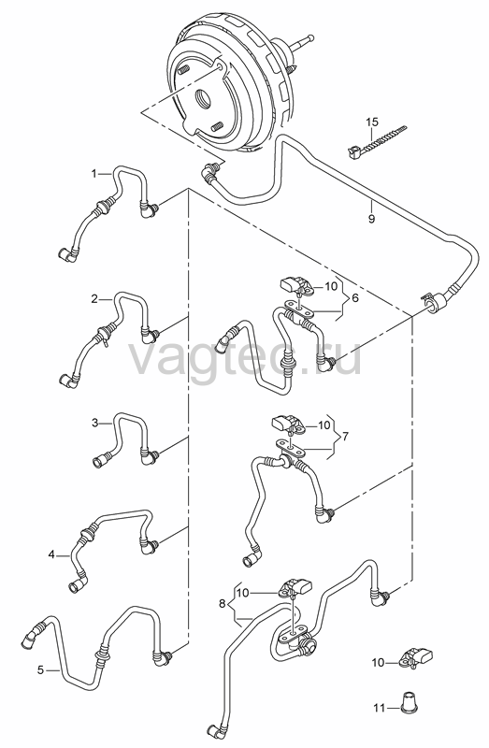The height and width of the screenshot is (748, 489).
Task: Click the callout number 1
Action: pyautogui.click(x=94, y=174)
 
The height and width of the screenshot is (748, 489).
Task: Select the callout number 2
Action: pyautogui.click(x=94, y=299)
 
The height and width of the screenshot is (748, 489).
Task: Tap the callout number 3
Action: pyautogui.click(x=95, y=423)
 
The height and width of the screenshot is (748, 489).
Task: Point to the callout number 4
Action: pyautogui.click(x=51, y=554)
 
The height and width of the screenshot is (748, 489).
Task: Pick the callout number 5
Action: pyautogui.click(x=40, y=670)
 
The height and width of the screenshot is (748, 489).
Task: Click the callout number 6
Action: pyautogui.click(x=355, y=297)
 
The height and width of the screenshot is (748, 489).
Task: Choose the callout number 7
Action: pyautogui.click(x=345, y=436)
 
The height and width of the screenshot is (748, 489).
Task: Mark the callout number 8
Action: pyautogui.click(x=222, y=603)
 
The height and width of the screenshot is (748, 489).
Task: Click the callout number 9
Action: pyautogui.click(x=371, y=219)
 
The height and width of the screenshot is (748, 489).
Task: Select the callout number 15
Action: pyautogui.click(x=372, y=122)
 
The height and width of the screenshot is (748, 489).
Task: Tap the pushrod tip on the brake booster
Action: pyautogui.click(x=310, y=36)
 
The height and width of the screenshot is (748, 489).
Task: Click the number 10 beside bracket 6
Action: pyautogui.click(x=331, y=286)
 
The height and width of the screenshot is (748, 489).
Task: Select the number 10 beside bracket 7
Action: pyautogui.click(x=324, y=424)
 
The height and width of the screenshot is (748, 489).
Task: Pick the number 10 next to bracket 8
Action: pyautogui.click(x=243, y=593)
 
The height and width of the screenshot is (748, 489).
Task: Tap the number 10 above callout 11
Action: pyautogui.click(x=378, y=663)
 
